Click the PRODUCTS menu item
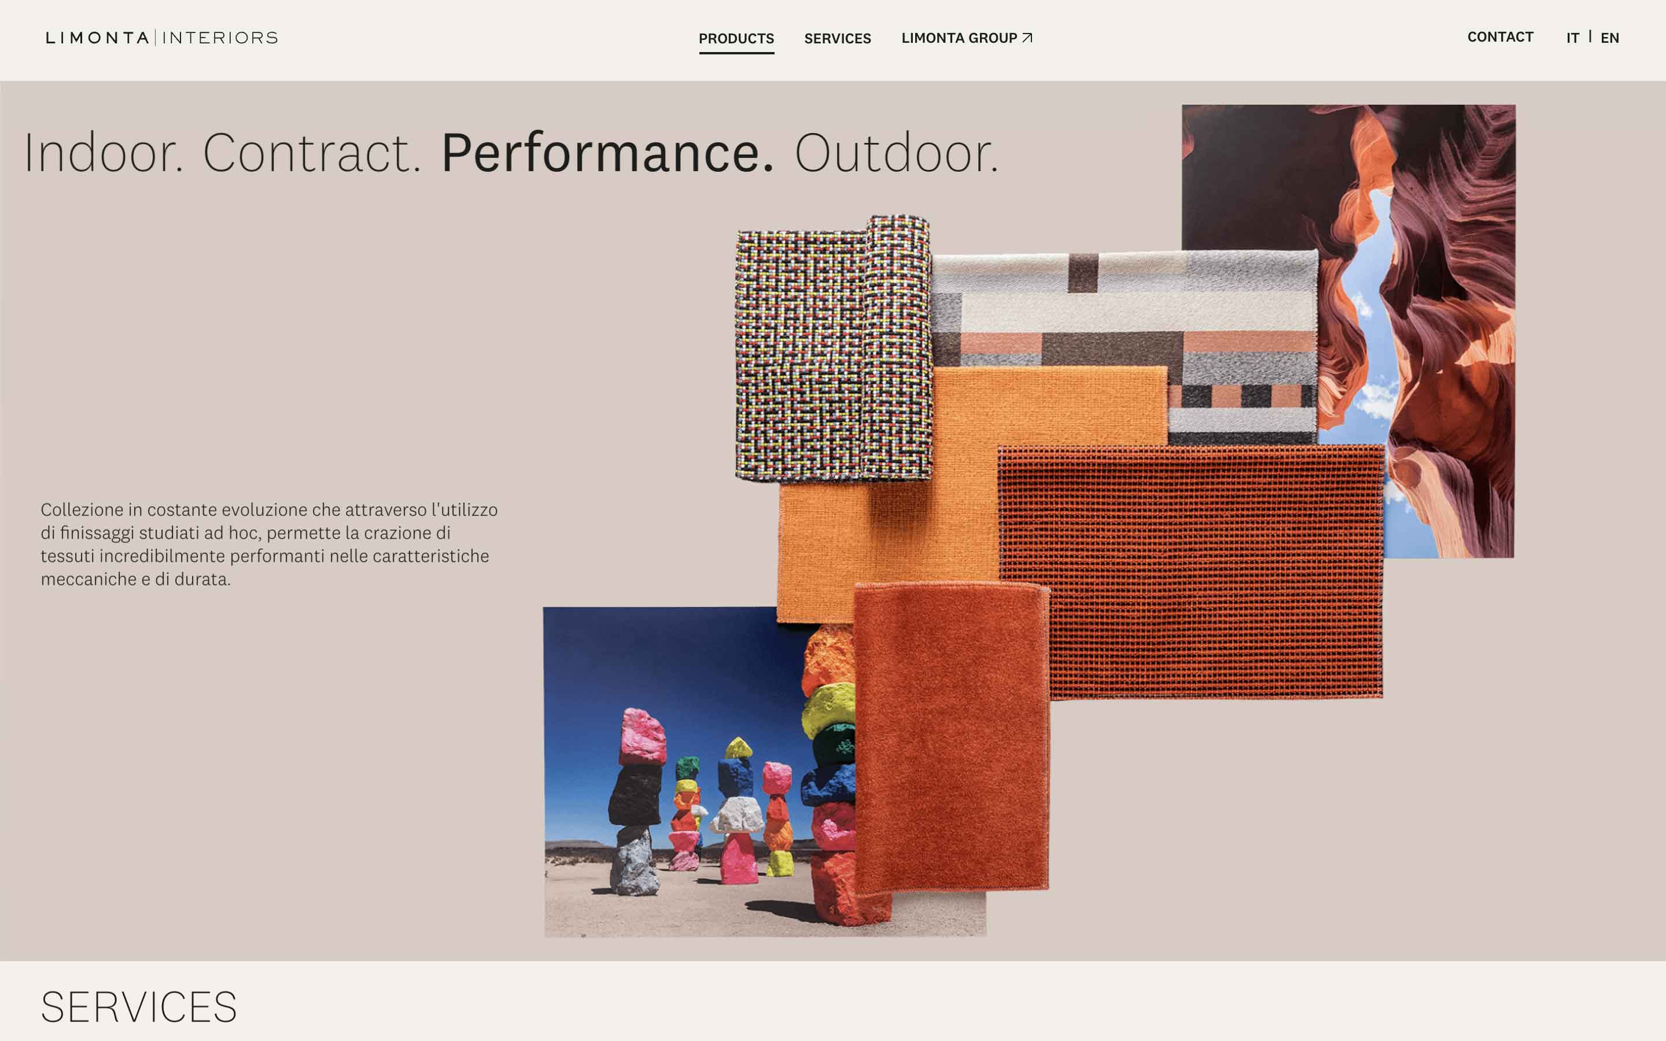(x=736, y=39)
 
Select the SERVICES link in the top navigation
(x=837, y=39)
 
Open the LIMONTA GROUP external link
(x=967, y=38)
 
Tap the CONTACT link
(x=1500, y=37)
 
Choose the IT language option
(x=1572, y=38)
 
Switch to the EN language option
(x=1609, y=38)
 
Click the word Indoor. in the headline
(x=104, y=153)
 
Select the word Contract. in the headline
(x=311, y=153)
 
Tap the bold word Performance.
(x=607, y=153)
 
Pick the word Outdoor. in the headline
(x=896, y=153)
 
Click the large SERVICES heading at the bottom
(x=139, y=1007)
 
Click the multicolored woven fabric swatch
(x=833, y=348)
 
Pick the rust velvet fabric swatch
(x=952, y=737)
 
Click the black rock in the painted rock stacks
(x=635, y=795)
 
